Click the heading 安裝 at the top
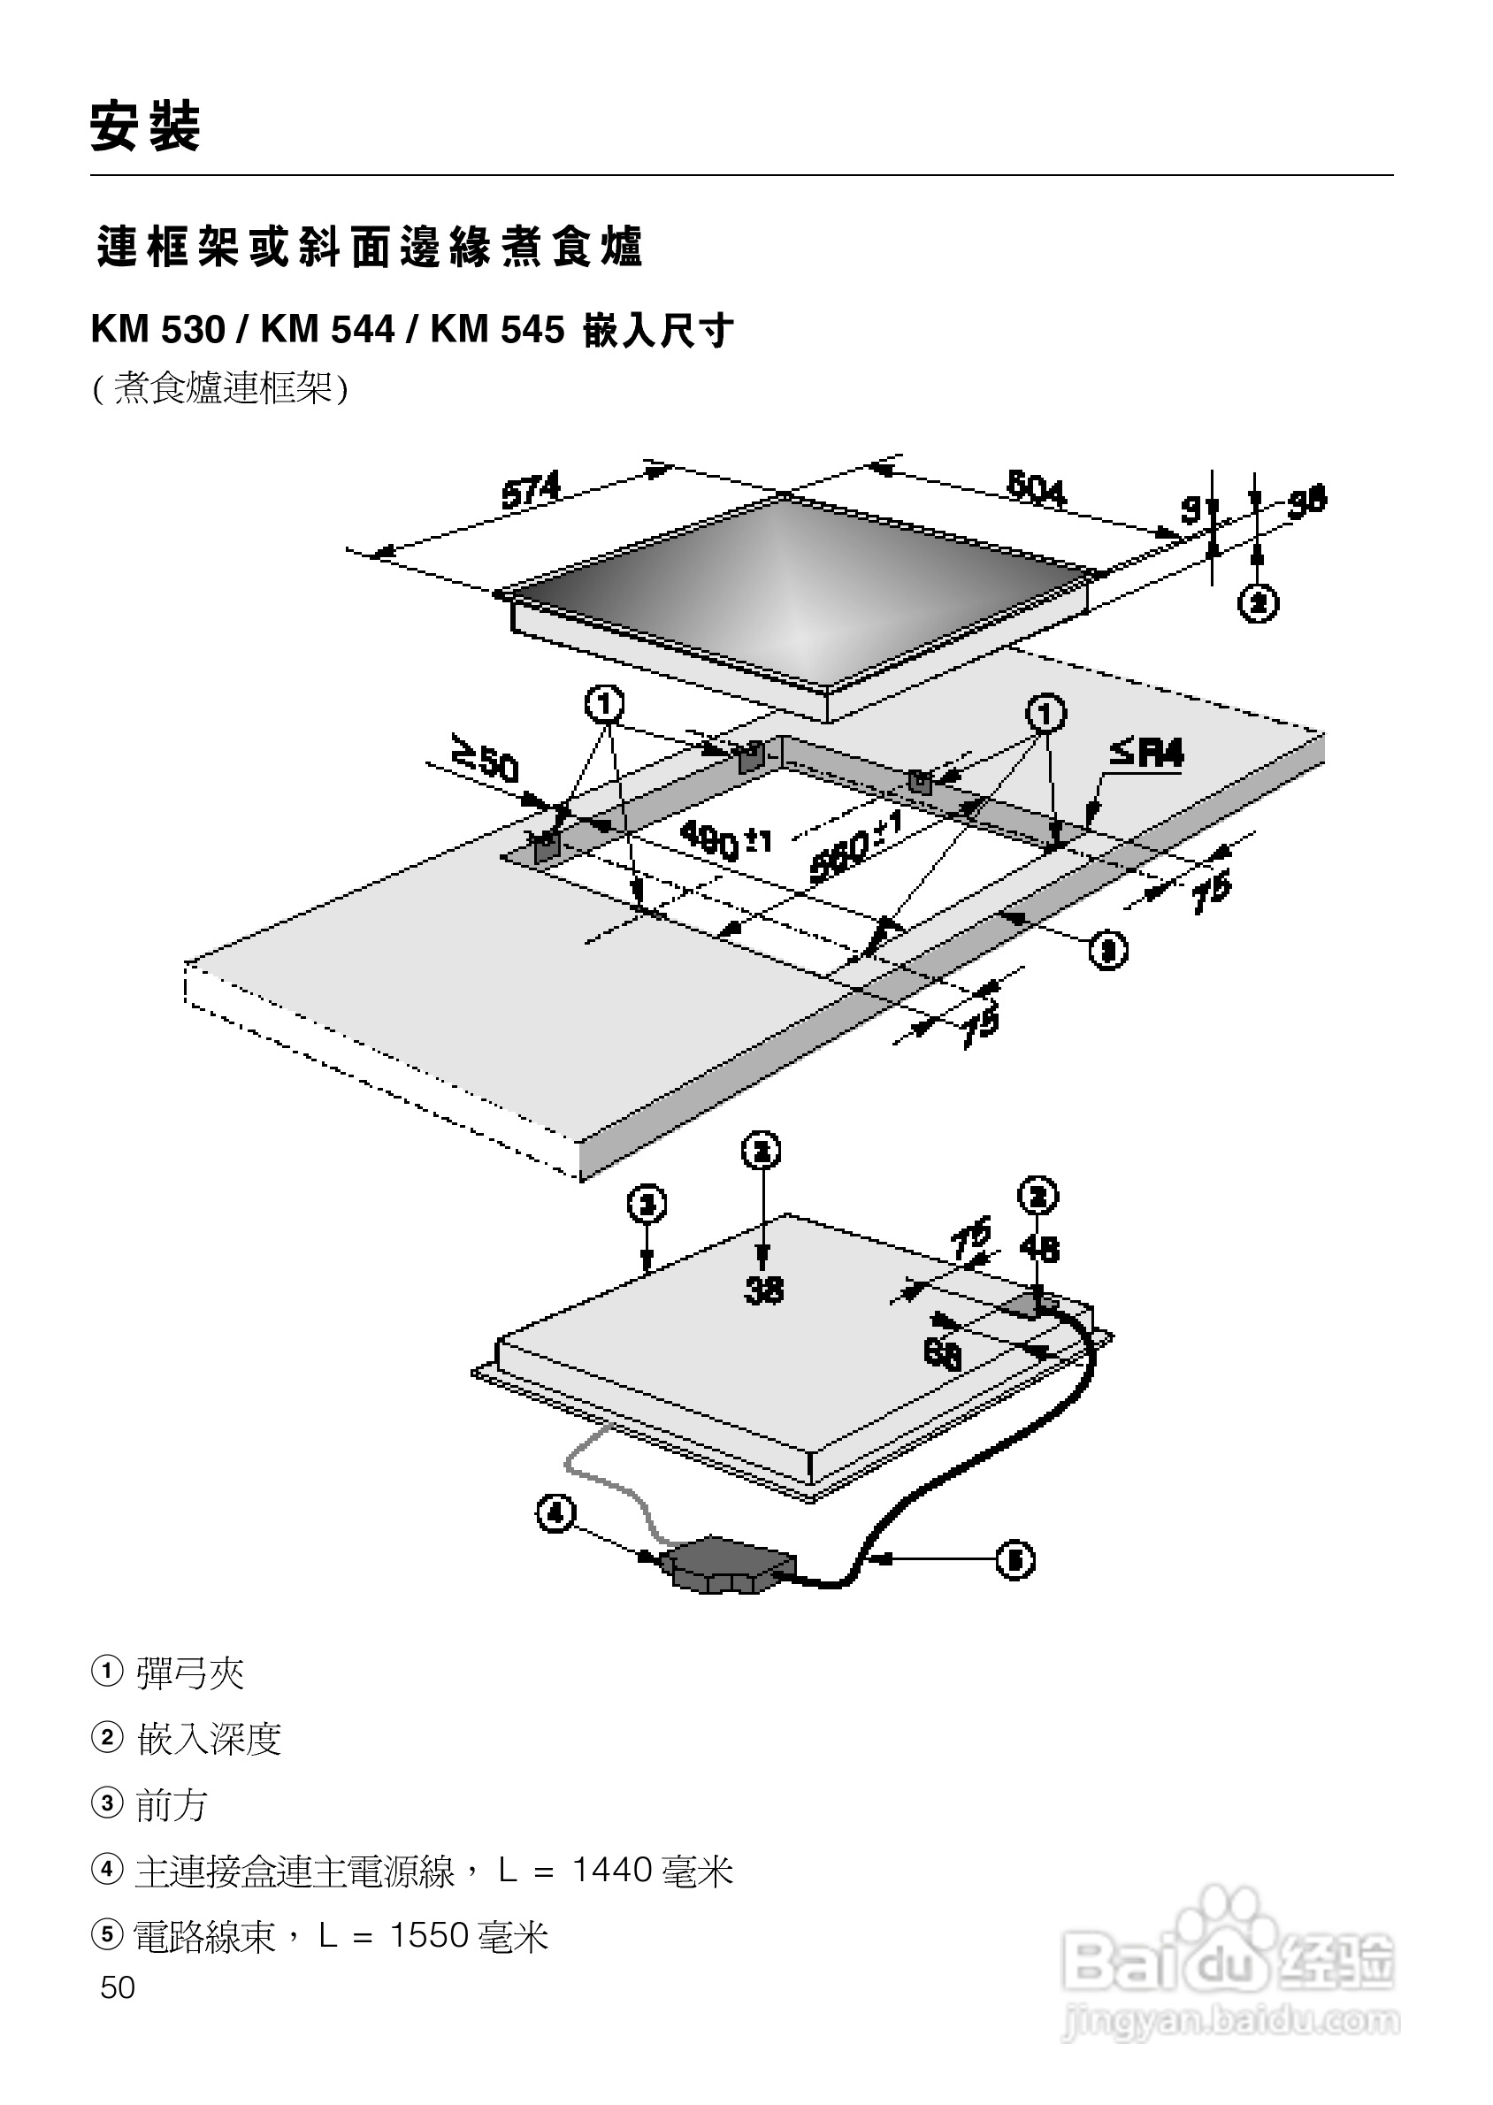(145, 126)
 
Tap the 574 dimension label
(531, 490)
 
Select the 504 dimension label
(1036, 487)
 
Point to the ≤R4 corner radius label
(1145, 754)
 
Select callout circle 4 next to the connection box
(556, 1513)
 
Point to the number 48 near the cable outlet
(1039, 1249)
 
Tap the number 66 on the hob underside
(942, 1354)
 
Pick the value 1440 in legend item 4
(612, 1871)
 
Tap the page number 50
(118, 1987)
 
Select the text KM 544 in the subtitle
(327, 330)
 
